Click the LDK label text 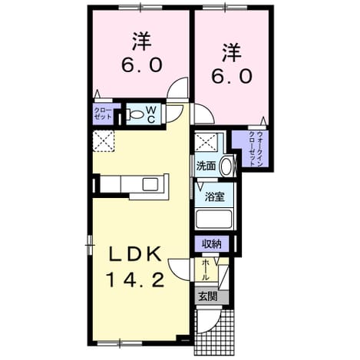point(135,254)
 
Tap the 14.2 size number point(135,279)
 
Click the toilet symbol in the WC point(135,114)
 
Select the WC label point(151,115)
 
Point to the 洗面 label point(206,167)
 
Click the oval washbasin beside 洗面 point(226,167)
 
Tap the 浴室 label point(215,197)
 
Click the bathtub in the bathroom point(214,220)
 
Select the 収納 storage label point(212,244)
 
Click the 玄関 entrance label point(208,297)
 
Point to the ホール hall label point(205,270)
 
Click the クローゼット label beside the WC point(103,114)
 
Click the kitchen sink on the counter point(150,184)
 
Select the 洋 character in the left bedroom point(142,41)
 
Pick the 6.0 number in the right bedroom point(232,77)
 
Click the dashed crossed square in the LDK point(104,141)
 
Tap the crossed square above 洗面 point(206,143)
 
